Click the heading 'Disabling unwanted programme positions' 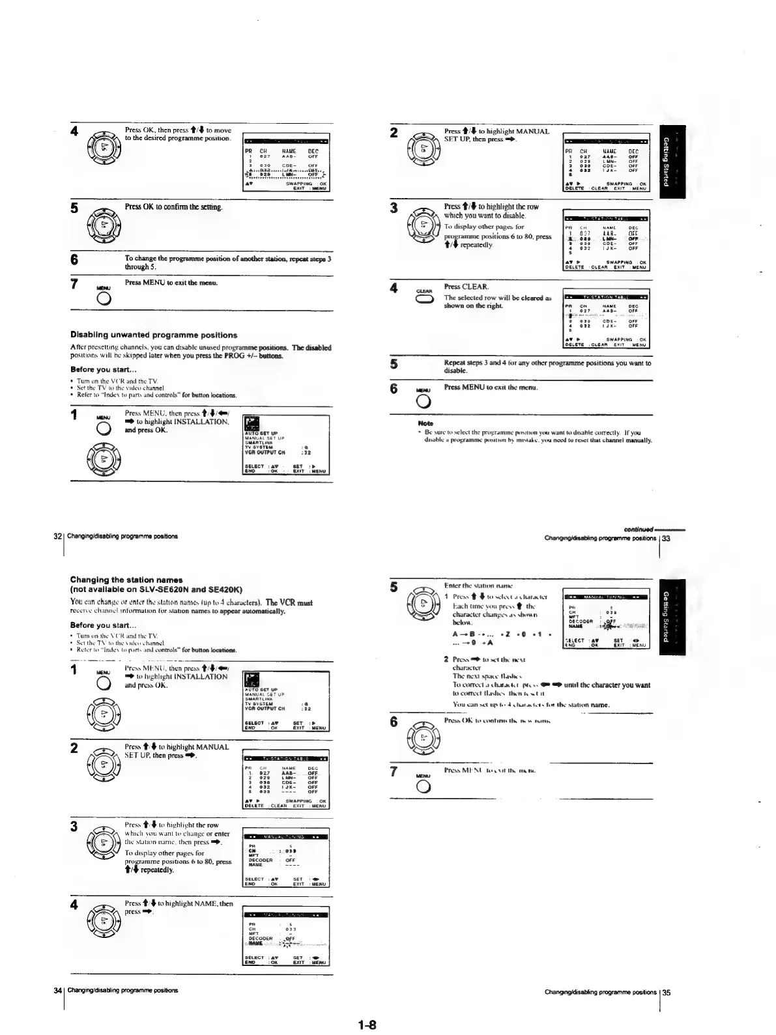(x=154, y=335)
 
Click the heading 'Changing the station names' (x=126, y=580)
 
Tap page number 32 (x=57, y=537)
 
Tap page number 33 (x=667, y=539)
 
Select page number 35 (x=667, y=993)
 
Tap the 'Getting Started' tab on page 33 (x=667, y=161)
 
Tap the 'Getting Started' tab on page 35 (x=667, y=616)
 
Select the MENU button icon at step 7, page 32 (x=103, y=299)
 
